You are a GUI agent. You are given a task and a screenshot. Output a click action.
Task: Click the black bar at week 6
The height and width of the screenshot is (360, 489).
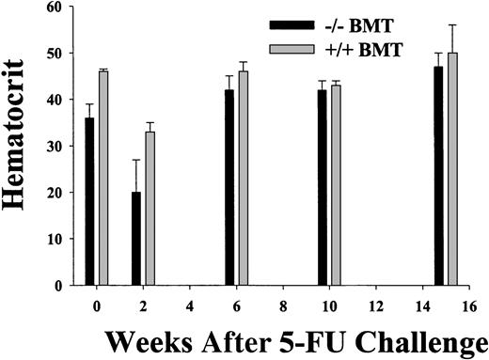[x=231, y=187]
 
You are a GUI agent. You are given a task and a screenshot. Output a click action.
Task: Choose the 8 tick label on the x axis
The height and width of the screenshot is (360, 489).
[x=285, y=305]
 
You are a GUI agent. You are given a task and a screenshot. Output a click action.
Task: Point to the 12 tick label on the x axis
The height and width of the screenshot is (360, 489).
[x=378, y=305]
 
